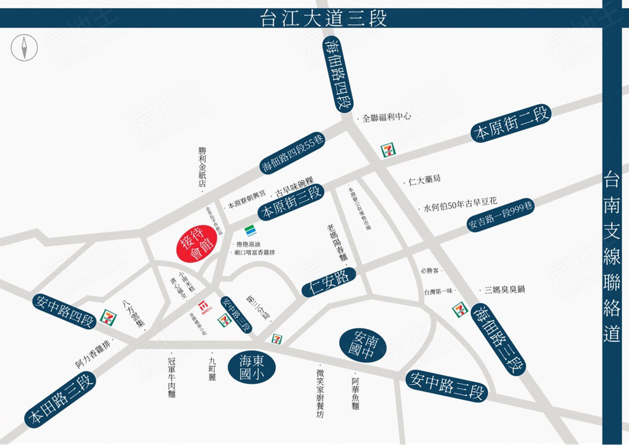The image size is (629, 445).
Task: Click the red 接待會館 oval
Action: point(195,243)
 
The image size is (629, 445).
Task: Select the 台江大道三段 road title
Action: point(323,18)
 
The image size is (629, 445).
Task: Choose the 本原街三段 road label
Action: point(291,203)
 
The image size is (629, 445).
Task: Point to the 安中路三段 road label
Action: point(447,385)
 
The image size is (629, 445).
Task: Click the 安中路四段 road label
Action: point(64,310)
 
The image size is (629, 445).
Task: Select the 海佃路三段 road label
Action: point(498,339)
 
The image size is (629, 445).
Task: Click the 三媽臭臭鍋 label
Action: point(504,289)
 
